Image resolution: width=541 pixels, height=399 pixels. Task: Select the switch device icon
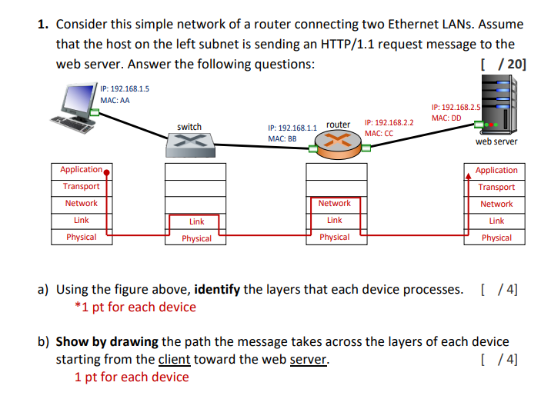189,142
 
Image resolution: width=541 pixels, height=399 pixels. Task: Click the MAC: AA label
115,101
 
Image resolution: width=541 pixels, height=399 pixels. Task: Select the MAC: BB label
282,139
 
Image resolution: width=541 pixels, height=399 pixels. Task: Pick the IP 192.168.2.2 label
389,122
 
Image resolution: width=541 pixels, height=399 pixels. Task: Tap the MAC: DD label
446,118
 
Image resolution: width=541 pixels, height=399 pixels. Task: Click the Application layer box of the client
82,170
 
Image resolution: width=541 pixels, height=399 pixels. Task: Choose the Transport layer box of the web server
496,187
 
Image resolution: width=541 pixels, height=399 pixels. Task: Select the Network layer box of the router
334,204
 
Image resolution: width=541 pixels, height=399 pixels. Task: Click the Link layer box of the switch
196,221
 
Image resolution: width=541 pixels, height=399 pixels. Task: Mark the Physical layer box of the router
334,237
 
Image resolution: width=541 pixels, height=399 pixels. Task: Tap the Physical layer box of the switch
196,238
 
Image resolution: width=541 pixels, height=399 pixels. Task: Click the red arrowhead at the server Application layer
469,172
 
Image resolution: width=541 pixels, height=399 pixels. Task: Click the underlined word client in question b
175,359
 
